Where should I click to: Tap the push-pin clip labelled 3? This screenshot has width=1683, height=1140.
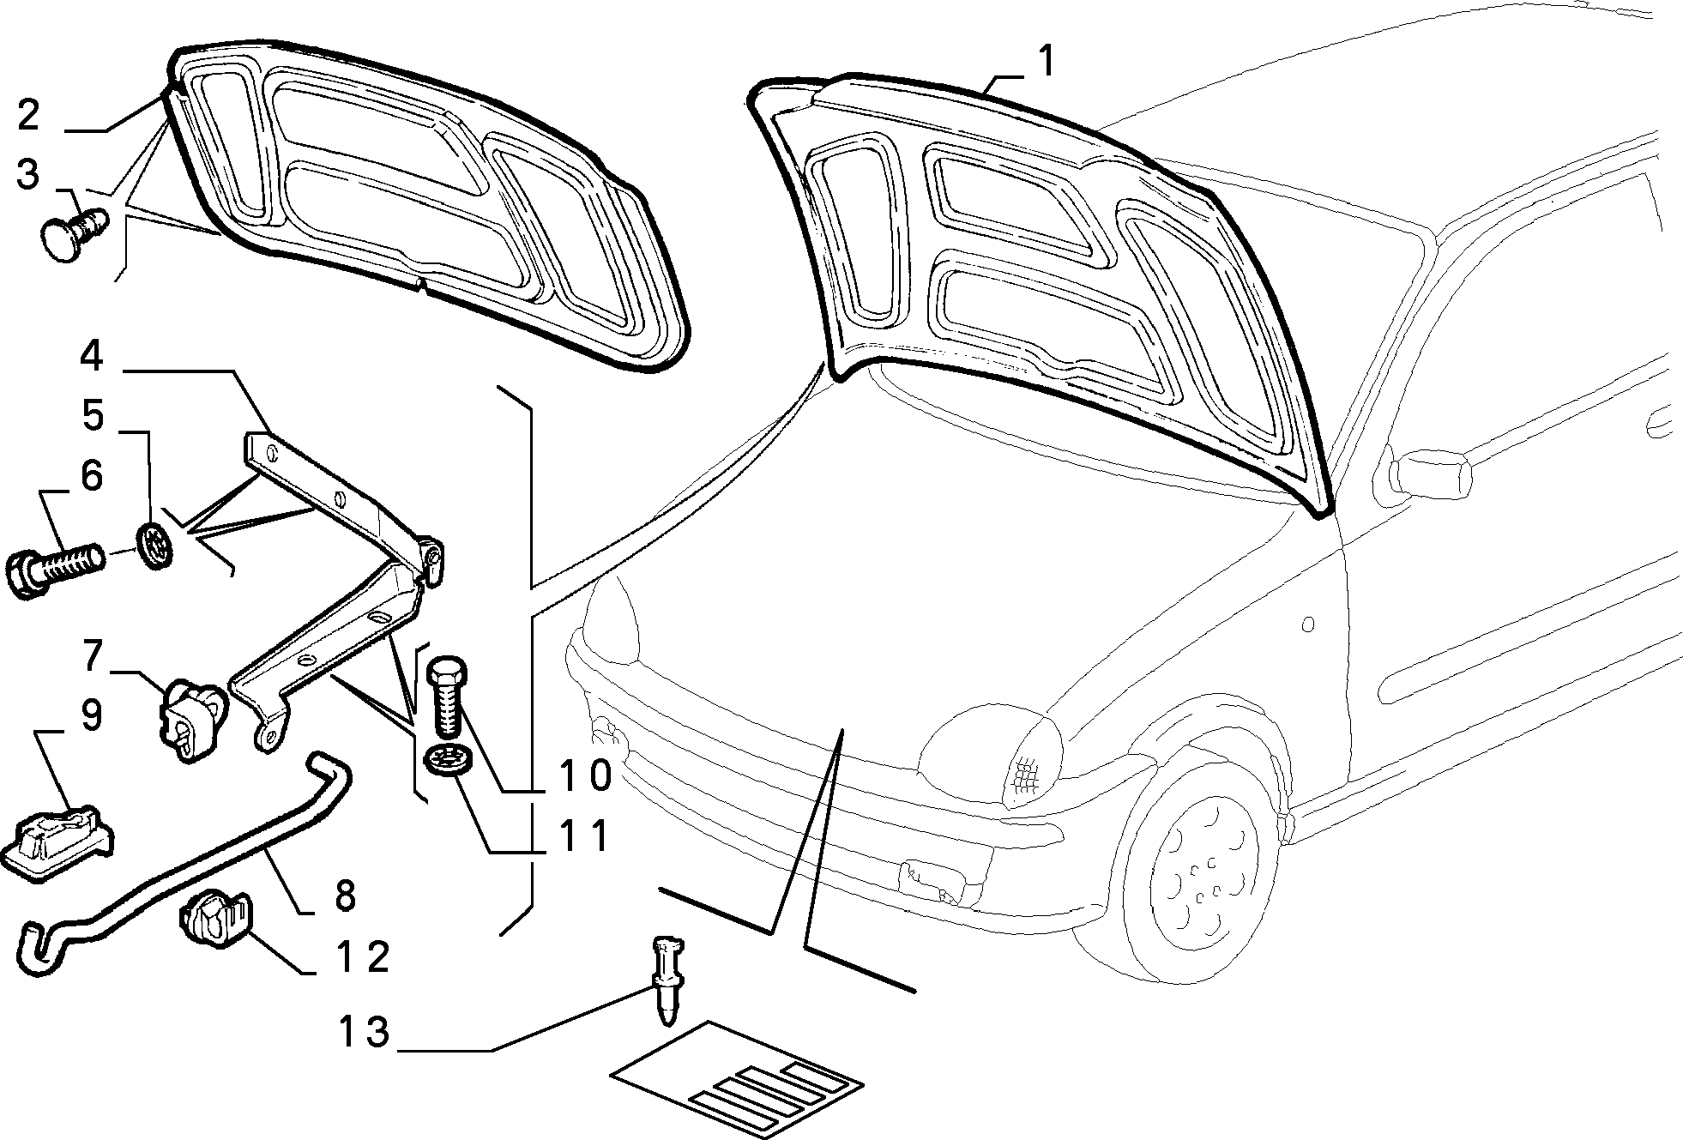point(75,228)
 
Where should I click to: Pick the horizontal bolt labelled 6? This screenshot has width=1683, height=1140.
point(55,567)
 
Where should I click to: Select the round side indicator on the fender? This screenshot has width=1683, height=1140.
point(1307,624)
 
